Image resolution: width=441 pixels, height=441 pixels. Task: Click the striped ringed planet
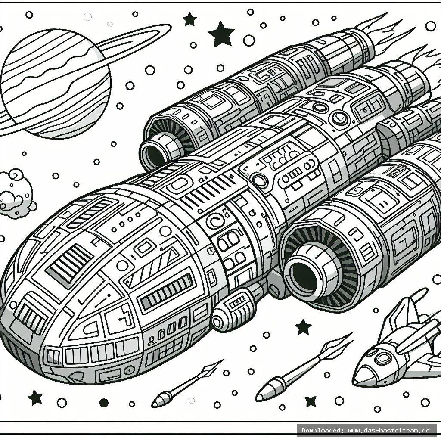click(56, 82)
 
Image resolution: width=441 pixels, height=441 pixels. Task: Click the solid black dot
click(104, 403)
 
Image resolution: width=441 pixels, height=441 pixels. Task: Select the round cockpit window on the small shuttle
click(382, 357)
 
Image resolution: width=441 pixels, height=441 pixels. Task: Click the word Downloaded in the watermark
click(320, 430)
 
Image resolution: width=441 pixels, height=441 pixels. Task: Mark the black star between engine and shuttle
click(304, 326)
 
